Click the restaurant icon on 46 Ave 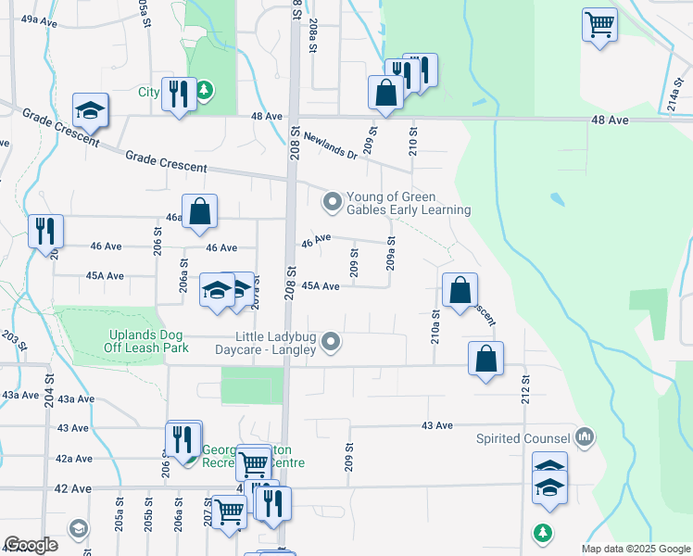click(44, 231)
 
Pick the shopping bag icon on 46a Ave click(199, 210)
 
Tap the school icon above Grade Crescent click(91, 111)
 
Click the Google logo click(31, 545)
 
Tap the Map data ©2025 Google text click(635, 549)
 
